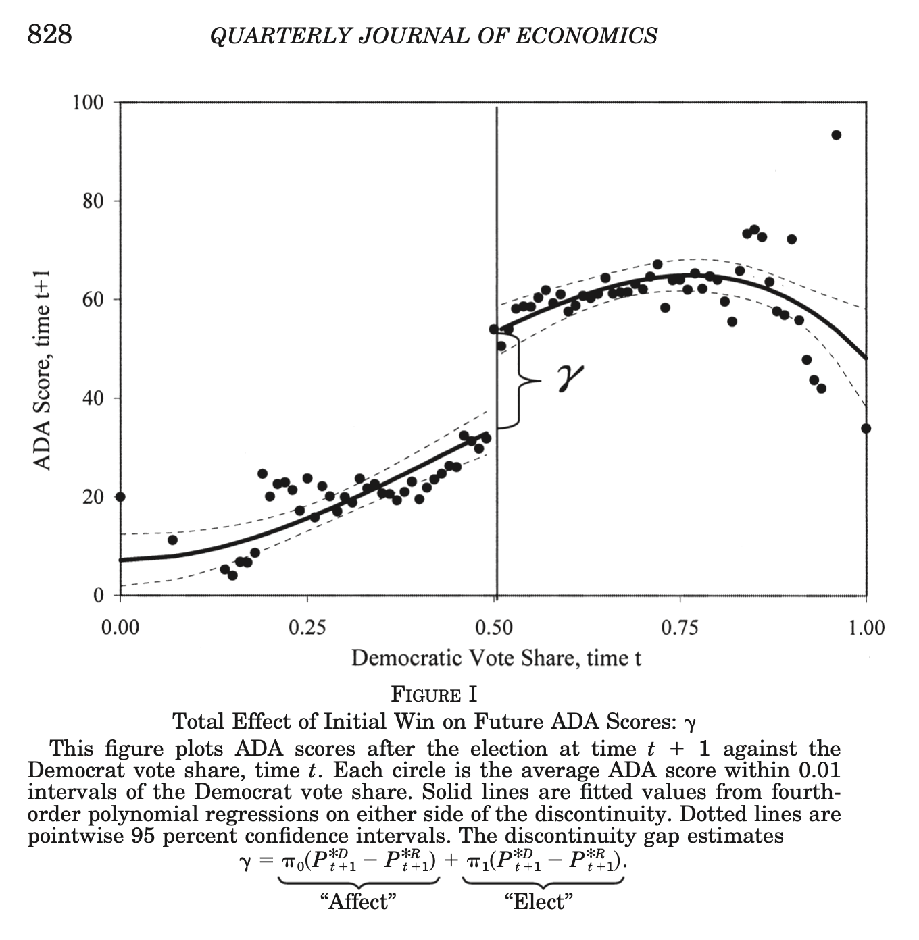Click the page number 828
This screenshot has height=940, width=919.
50,34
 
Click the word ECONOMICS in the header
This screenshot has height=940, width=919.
587,36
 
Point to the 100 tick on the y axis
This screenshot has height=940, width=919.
88,103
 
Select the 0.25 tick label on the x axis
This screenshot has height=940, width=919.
307,628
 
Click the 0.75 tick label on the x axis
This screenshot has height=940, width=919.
680,628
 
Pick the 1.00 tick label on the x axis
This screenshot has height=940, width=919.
866,628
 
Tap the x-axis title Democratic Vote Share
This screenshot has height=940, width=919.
496,658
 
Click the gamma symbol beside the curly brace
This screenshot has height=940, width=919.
570,378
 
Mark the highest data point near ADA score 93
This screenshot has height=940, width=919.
836,135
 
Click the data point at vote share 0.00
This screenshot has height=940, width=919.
120,497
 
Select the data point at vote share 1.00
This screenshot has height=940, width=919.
866,429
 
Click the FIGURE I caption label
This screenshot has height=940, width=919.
434,695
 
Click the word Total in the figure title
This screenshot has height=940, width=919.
199,722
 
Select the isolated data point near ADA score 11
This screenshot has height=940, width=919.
172,540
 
